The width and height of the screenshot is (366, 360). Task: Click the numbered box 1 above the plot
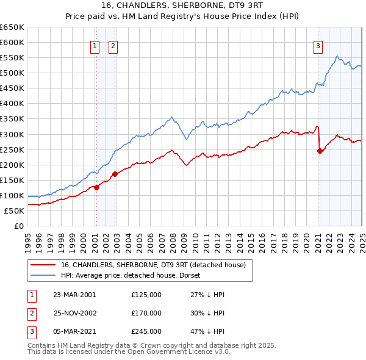(96, 45)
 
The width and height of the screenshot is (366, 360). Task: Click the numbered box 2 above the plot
(114, 45)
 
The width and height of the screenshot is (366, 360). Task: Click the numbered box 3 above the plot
(318, 45)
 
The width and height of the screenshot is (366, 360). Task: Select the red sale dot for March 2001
(96, 187)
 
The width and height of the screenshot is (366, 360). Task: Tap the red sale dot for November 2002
(115, 174)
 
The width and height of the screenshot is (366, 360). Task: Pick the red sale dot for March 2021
(320, 151)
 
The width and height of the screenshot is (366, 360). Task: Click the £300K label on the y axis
(12, 134)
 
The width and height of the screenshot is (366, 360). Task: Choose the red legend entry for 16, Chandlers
(153, 265)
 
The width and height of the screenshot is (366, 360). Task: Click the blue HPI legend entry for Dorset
(134, 275)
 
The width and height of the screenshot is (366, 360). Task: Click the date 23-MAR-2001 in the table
(75, 295)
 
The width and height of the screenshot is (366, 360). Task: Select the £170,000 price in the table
(146, 313)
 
